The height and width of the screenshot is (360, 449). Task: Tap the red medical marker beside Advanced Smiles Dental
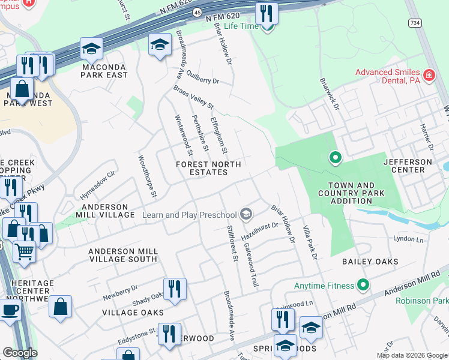click(429, 76)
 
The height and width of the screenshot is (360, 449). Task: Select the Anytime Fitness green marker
click(363, 284)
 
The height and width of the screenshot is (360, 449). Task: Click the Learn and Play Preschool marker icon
click(246, 214)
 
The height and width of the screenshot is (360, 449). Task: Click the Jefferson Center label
click(408, 166)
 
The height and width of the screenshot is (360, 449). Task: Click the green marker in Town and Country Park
click(335, 158)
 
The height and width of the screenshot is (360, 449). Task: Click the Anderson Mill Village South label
click(123, 256)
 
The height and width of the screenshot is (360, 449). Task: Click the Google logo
click(20, 353)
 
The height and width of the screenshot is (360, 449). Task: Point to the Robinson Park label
click(427, 300)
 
